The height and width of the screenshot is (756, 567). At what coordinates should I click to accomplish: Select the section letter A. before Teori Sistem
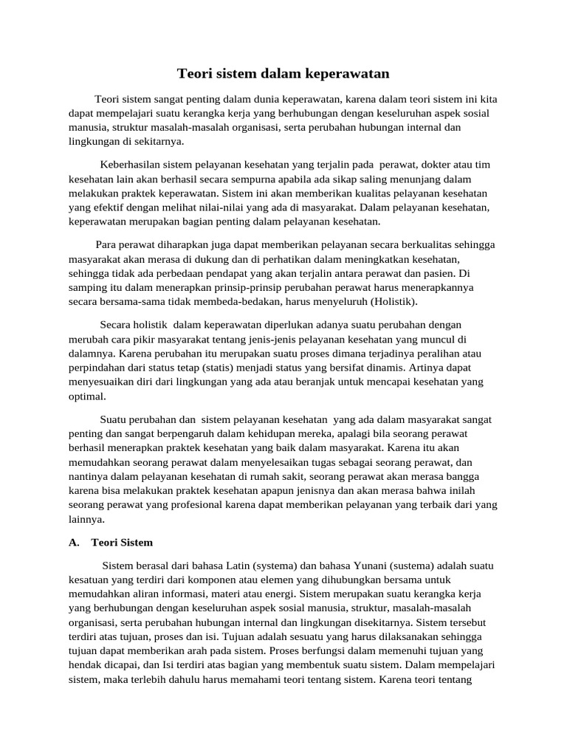pyautogui.click(x=74, y=543)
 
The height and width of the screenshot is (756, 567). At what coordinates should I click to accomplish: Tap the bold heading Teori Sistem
pyautogui.click(x=122, y=543)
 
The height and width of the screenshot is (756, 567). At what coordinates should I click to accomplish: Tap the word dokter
pyautogui.click(x=425, y=164)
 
